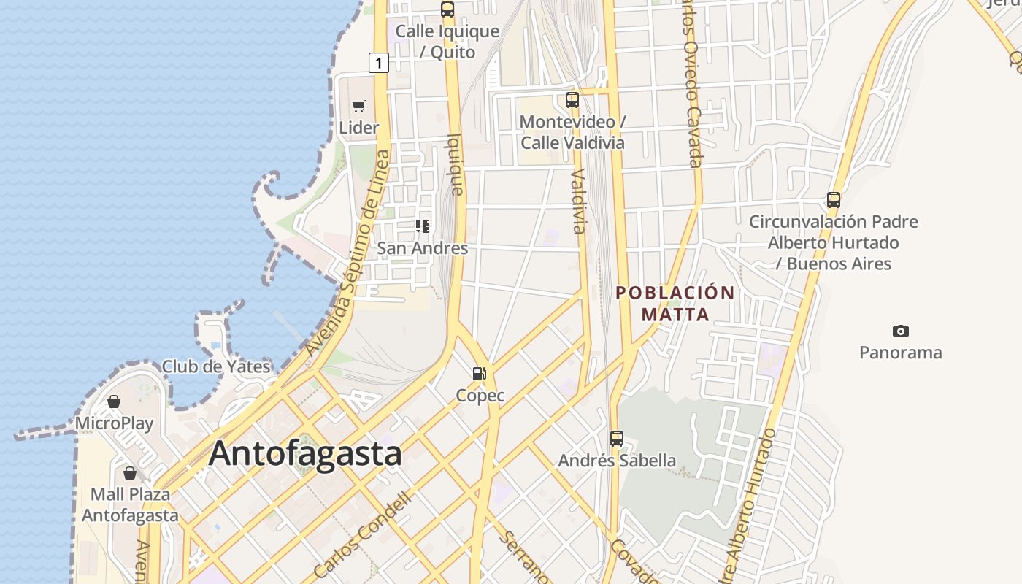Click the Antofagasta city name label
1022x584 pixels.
point(305,453)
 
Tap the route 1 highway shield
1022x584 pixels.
point(378,63)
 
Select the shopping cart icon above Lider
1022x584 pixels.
point(358,107)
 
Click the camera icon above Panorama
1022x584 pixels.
point(900,331)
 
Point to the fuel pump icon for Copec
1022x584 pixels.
point(479,374)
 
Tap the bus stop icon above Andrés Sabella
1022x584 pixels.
point(617,439)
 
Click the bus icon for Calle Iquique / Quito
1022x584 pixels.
point(447,9)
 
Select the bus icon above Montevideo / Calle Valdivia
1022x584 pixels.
point(572,100)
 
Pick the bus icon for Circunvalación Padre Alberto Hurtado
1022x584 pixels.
point(834,199)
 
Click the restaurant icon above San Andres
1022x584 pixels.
point(423,226)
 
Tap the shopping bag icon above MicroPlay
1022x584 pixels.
point(114,401)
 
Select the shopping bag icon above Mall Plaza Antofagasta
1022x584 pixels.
point(130,473)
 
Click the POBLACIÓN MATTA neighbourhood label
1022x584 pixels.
point(675,303)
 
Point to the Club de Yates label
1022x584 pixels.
point(216,366)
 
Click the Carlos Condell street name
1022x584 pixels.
point(363,534)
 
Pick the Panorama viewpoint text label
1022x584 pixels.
point(900,353)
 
